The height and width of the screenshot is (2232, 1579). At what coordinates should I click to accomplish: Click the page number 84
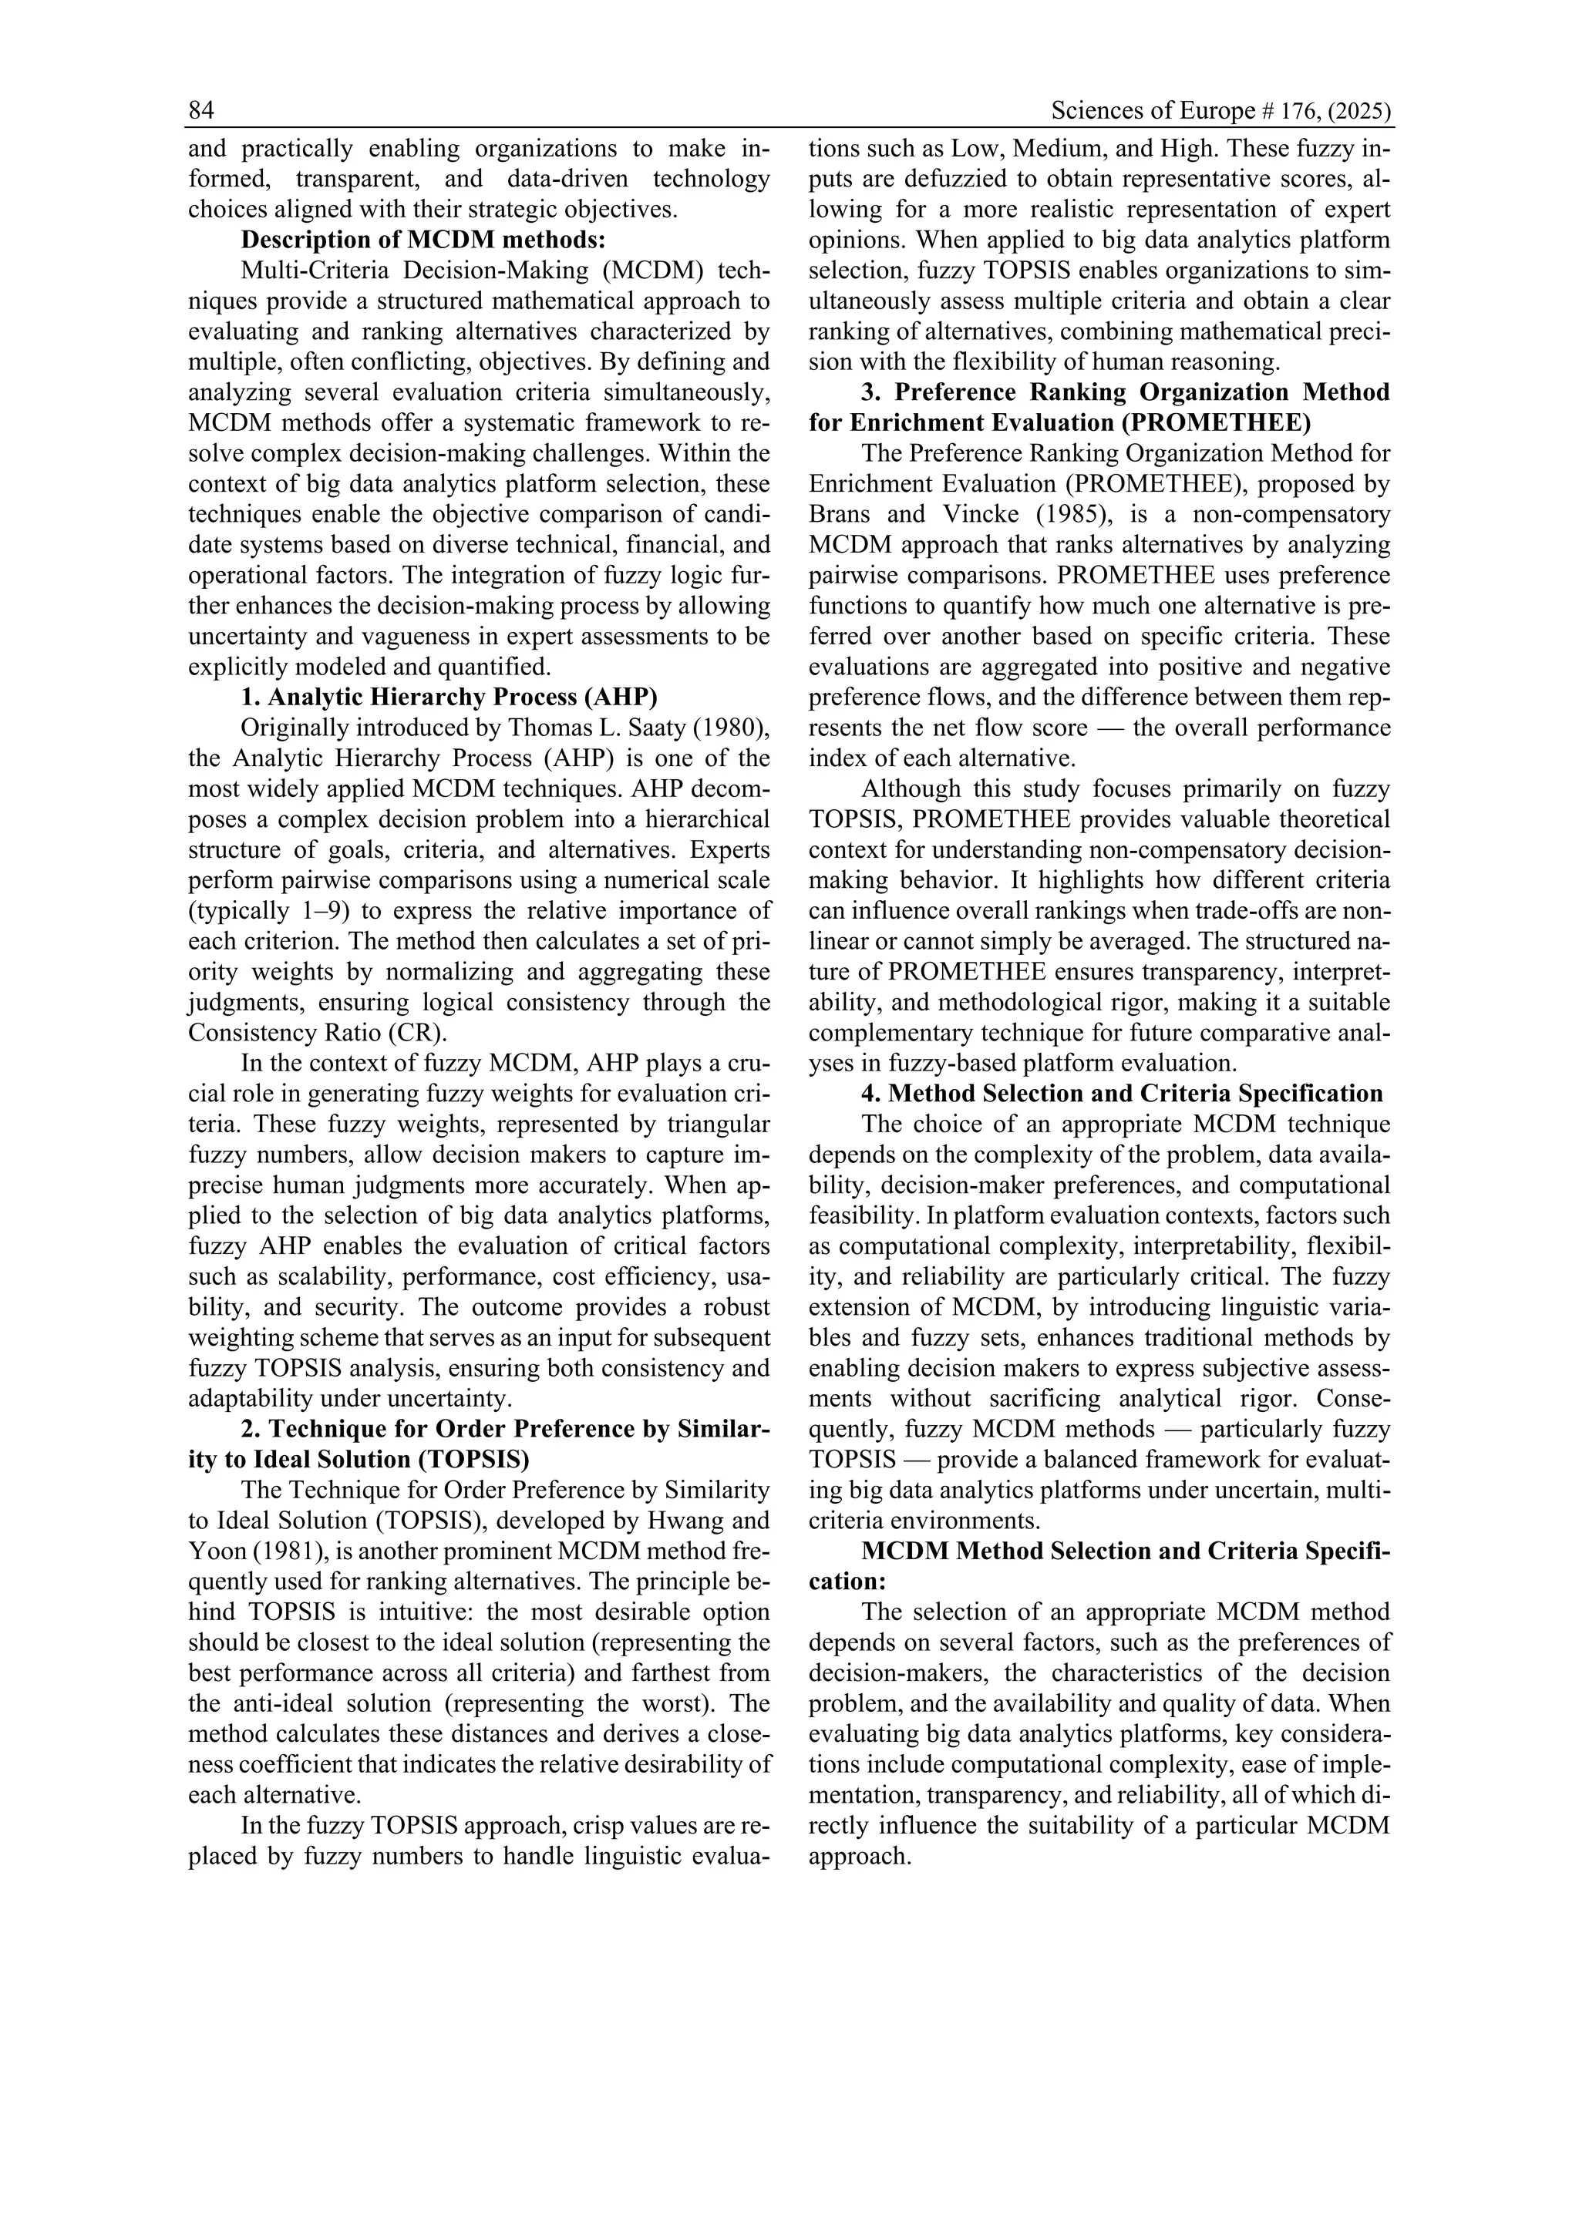(x=201, y=111)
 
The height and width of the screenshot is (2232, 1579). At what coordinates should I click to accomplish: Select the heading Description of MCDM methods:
(x=423, y=239)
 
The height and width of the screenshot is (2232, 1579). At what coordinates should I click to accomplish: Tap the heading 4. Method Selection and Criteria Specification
(x=1122, y=1094)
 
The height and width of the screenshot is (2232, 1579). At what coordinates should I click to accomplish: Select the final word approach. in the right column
(x=859, y=1856)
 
